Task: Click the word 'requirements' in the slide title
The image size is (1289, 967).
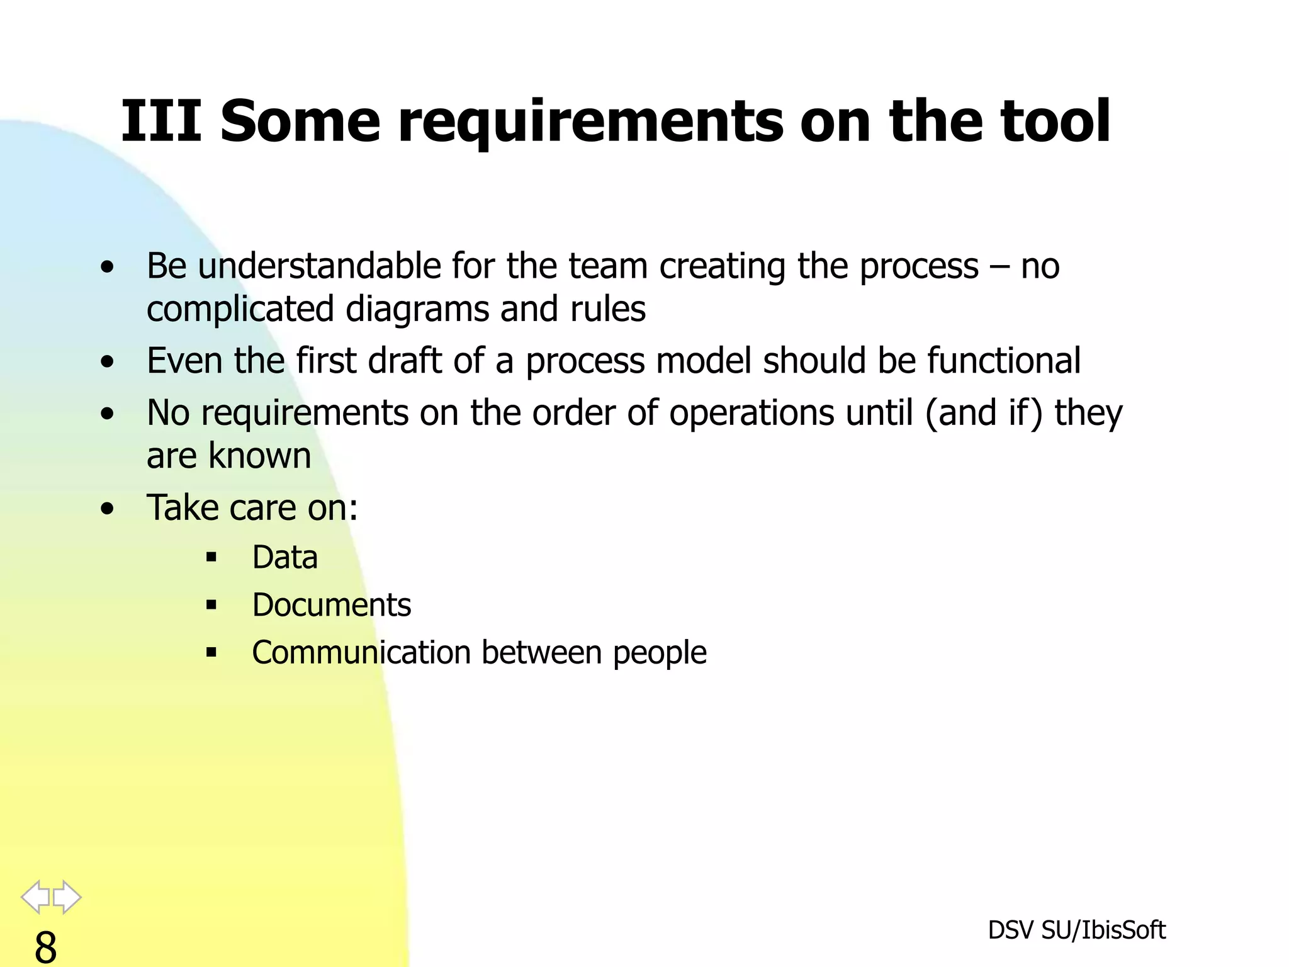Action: point(590,122)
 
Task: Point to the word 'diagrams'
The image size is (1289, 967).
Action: point(417,309)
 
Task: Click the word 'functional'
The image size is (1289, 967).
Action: point(1003,361)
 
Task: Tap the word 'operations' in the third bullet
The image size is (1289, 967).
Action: point(753,413)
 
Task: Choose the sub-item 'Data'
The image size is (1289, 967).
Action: point(284,558)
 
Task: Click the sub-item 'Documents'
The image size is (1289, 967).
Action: point(331,605)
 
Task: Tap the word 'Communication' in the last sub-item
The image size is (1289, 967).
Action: point(361,652)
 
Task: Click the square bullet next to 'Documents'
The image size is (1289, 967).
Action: point(211,606)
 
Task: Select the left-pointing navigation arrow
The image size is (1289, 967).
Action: point(36,896)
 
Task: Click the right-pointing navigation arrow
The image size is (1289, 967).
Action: point(67,896)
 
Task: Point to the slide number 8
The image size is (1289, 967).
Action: point(45,947)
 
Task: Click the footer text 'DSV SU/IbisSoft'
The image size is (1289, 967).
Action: point(1076,930)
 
